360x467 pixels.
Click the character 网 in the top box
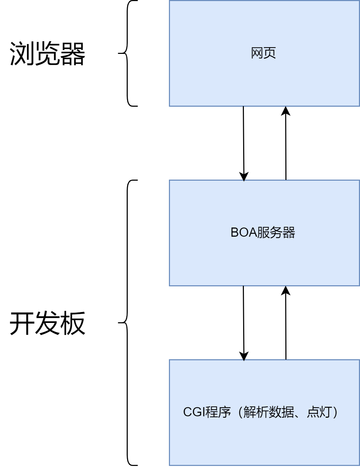[257, 53]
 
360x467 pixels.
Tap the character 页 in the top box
[270, 53]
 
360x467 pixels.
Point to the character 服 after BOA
[263, 233]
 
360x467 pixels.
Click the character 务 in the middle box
[276, 233]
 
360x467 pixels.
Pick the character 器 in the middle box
[289, 233]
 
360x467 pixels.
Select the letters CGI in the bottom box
[194, 412]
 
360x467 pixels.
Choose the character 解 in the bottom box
[250, 412]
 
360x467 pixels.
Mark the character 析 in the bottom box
[262, 412]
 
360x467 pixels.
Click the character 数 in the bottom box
[275, 412]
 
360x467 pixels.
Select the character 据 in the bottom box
[288, 412]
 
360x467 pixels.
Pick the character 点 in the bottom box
[313, 412]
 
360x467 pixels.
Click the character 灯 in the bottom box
[326, 412]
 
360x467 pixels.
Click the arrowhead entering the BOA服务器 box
[244, 180]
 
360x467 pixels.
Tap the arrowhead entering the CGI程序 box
[244, 360]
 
